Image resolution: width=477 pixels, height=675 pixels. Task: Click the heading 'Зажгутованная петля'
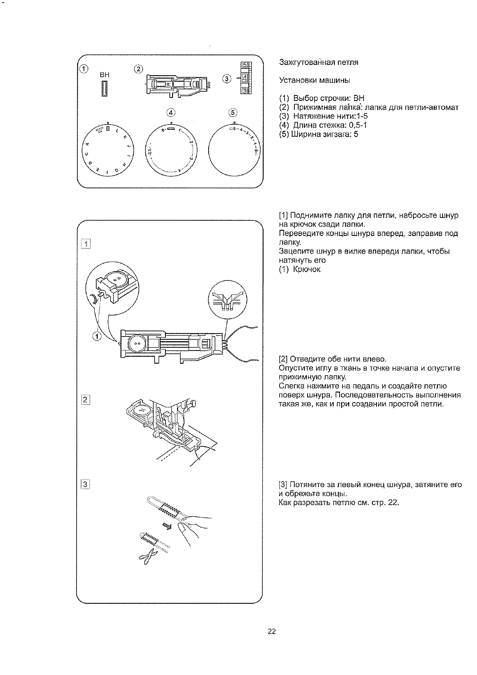tap(318, 62)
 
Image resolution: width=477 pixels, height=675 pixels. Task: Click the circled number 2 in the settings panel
tap(138, 69)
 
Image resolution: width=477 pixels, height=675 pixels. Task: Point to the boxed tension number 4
tap(244, 78)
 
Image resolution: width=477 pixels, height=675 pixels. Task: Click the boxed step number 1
tap(85, 244)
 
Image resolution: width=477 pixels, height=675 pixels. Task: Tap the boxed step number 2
tap(85, 399)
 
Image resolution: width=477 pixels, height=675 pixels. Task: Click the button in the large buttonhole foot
tap(137, 343)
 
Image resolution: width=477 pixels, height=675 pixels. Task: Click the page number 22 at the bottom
tap(272, 632)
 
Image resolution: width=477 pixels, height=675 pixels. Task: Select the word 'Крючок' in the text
tap(307, 270)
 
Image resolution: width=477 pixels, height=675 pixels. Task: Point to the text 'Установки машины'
tap(314, 81)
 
